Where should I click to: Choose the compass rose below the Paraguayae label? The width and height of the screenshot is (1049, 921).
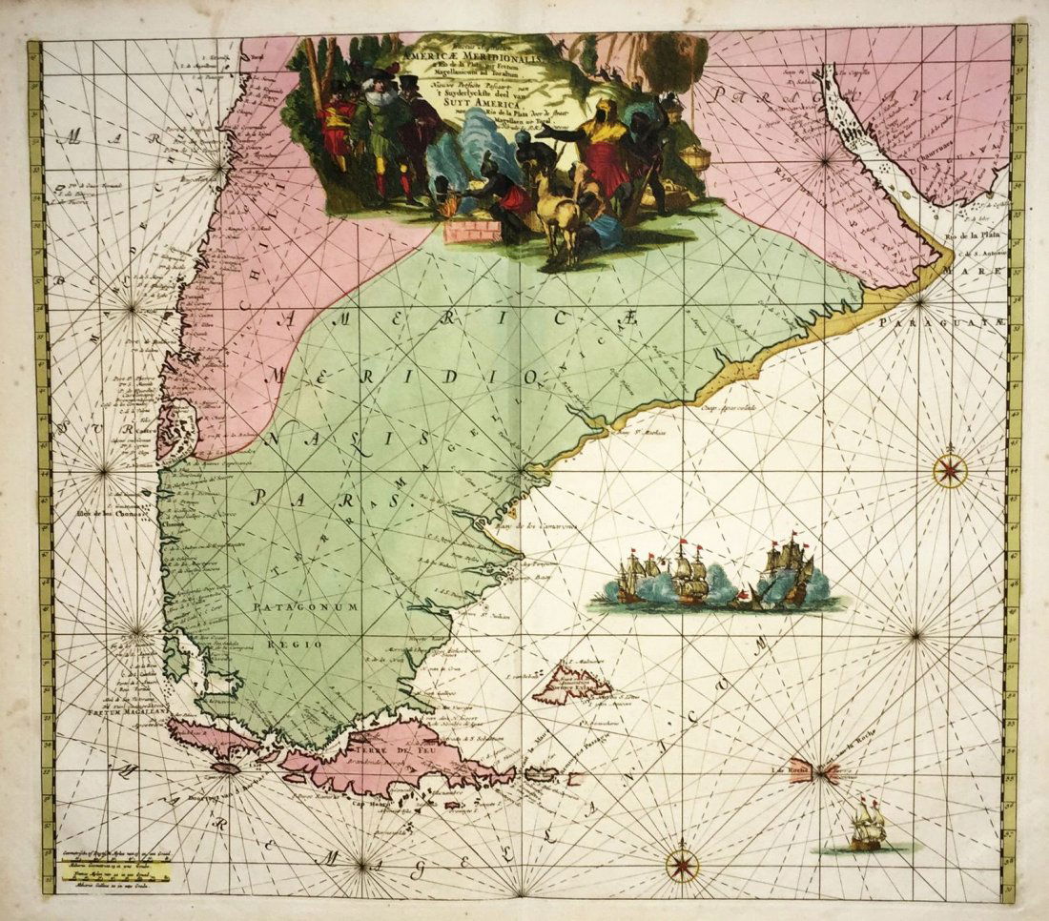pyautogui.click(x=950, y=469)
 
